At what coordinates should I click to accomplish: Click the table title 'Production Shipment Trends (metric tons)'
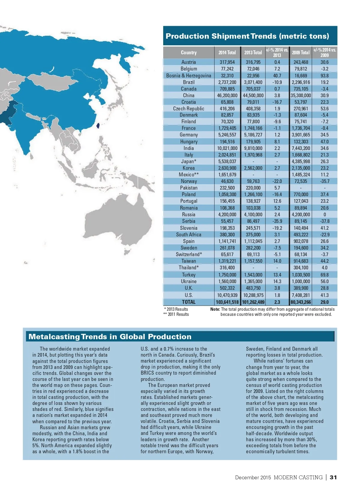[x=247, y=36]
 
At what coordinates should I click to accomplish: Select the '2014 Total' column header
[x=227, y=52]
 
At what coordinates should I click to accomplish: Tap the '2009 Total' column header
[x=301, y=52]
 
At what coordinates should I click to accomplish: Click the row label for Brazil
[x=189, y=82]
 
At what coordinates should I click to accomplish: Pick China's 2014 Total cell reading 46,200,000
[x=227, y=95]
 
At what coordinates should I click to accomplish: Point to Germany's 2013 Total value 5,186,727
[x=253, y=135]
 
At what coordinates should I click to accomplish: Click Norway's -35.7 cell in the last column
[x=324, y=181]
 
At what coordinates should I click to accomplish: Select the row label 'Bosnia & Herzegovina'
[x=189, y=76]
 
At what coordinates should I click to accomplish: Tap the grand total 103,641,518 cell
[x=227, y=302]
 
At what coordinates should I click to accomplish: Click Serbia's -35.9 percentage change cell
[x=277, y=221]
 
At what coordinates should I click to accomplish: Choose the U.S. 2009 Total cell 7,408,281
[x=301, y=295]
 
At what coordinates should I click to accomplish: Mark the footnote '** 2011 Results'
[x=176, y=314]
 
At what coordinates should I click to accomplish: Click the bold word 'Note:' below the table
[x=215, y=309]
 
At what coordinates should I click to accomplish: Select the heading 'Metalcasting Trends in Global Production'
[x=110, y=337]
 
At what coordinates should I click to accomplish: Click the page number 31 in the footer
[x=333, y=478]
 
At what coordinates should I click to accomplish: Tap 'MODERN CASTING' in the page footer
[x=298, y=478]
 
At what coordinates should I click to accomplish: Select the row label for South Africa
[x=189, y=235]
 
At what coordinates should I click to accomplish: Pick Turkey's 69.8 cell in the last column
[x=324, y=275]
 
